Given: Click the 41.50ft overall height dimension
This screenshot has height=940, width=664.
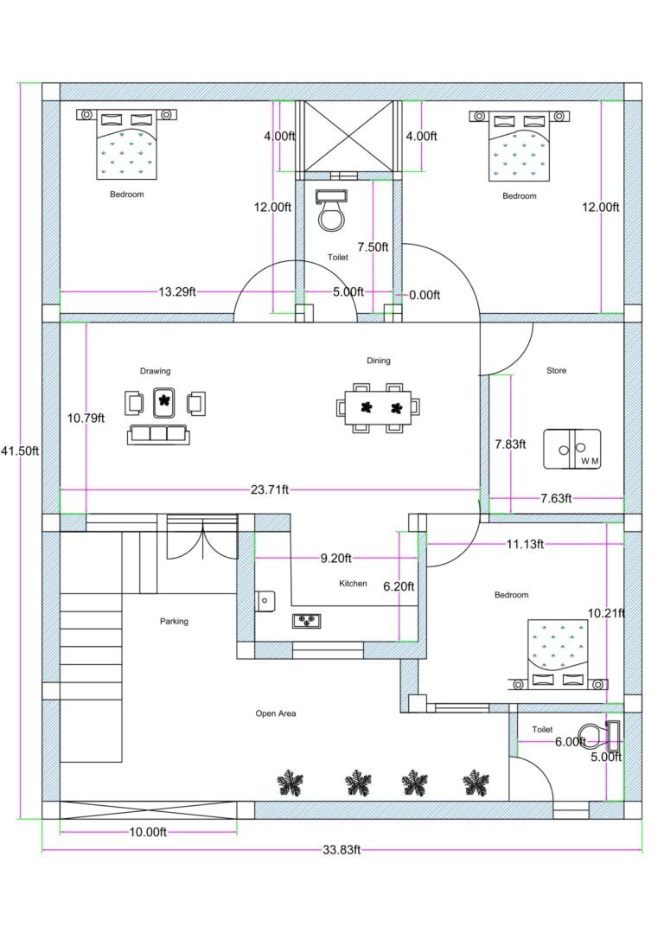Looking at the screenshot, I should coord(19,451).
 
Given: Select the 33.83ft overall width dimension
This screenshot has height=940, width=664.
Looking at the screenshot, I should coord(342,850).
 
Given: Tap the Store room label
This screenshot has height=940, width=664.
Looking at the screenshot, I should coord(557,371).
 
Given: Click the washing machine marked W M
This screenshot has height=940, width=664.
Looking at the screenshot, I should coord(572,449).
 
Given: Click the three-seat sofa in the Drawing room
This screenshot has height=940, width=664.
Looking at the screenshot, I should coord(158,434).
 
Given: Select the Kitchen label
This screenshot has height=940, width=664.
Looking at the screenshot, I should coord(353,584).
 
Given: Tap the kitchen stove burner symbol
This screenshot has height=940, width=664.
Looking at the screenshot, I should coord(307,619).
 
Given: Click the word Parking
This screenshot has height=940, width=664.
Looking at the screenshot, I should coord(174,621).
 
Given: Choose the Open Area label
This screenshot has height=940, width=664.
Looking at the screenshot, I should coord(276,713).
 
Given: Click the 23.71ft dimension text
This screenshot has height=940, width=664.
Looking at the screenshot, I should coord(270,490).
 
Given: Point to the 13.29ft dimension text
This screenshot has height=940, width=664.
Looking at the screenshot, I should coord(177,292).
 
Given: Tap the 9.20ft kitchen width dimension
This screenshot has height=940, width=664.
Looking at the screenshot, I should coord(335,559).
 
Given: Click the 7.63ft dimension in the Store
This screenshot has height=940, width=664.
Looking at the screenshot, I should coord(556,498).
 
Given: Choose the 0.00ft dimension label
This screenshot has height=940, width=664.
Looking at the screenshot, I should coord(425,295).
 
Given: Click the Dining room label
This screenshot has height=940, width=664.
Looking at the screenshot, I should coord(379,361).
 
